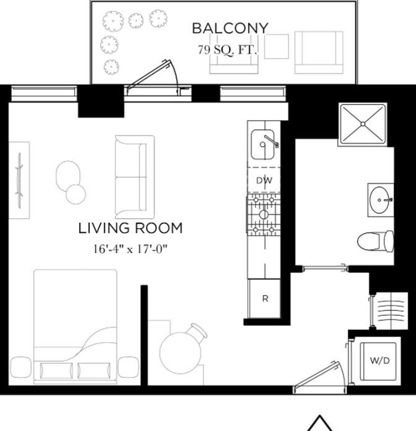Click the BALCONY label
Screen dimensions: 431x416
tap(230, 28)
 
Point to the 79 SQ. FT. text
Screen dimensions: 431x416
tap(227, 50)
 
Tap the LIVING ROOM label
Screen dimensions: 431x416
tap(130, 229)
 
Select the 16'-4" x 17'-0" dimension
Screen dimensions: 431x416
tap(130, 249)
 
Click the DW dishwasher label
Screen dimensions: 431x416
tap(264, 181)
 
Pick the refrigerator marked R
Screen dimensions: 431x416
tap(265, 299)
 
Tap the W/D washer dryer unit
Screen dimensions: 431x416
tap(379, 361)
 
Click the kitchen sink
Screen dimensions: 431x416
tap(263, 144)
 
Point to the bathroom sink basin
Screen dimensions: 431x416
tap(380, 200)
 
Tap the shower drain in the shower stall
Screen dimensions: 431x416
tap(363, 124)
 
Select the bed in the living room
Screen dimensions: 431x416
tap(75, 326)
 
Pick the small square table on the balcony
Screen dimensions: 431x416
tap(277, 47)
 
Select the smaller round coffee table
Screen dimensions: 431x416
tap(75, 194)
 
